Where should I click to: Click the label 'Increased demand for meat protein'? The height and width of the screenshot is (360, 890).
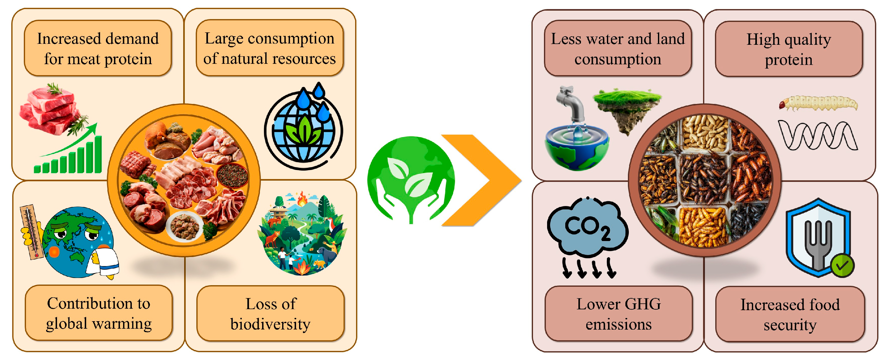(98, 49)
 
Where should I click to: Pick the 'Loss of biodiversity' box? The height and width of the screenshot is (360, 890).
(271, 314)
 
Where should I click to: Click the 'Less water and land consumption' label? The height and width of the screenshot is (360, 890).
(618, 49)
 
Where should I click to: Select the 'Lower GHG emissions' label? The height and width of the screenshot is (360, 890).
(618, 314)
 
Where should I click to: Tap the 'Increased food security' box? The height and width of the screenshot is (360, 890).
(790, 314)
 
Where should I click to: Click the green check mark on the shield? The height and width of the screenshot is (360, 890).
(842, 265)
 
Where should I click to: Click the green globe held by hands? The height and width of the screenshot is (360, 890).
(411, 176)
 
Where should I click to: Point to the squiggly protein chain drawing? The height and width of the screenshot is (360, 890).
(817, 136)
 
